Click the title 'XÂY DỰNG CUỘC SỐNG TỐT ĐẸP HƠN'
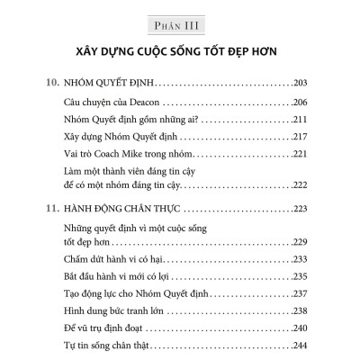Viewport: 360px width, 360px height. [179, 49]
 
